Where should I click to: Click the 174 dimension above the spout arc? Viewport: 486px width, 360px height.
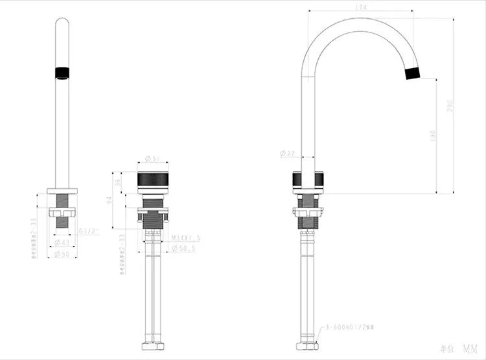pos(362,7)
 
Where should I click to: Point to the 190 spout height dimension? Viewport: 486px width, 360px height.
pos(433,135)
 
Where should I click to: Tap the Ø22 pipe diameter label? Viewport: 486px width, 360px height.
pos(287,153)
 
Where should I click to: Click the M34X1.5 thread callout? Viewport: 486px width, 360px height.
pos(185,238)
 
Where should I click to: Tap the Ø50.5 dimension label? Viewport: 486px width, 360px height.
pos(184,248)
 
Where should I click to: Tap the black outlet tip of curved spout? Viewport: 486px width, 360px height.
pos(412,71)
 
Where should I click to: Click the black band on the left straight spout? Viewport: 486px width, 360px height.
pos(62,72)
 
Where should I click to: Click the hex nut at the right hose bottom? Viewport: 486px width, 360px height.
pos(308,346)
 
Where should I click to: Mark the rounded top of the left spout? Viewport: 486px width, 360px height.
pos(62,23)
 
